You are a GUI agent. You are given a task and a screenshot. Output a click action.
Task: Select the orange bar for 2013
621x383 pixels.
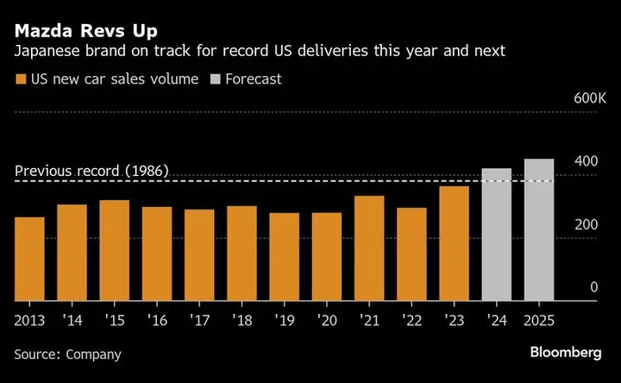30,259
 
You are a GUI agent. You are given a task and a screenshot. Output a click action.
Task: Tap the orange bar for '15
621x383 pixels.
115,250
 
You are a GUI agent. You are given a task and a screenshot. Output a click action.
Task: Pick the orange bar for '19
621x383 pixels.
285,257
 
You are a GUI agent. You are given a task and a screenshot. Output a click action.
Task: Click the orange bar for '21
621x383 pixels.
369,248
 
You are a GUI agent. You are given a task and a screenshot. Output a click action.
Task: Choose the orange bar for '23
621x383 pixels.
455,243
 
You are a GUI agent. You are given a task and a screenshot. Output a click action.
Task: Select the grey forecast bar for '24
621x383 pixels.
497,235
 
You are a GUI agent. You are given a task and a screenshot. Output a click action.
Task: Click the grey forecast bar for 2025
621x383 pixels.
539,229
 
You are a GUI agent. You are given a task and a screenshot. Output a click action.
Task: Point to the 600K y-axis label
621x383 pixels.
591,99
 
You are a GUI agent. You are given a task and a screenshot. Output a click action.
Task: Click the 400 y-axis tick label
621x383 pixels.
587,161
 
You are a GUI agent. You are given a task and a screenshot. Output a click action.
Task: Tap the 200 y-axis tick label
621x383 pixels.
587,224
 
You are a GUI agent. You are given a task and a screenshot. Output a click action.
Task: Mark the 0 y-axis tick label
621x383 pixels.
594,287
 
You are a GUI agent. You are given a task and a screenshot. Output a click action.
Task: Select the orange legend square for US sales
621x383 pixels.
19,79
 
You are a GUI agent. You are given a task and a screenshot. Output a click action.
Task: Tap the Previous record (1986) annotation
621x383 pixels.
91,170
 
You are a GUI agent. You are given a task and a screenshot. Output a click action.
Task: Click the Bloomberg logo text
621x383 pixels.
567,354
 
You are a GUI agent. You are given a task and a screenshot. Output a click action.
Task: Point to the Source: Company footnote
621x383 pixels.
68,354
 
